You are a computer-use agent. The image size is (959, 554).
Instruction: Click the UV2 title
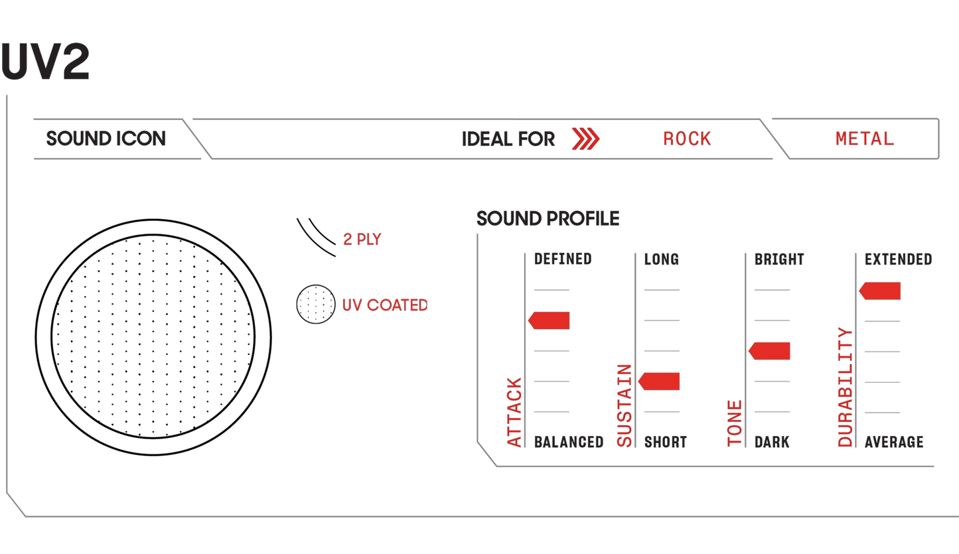pyautogui.click(x=45, y=61)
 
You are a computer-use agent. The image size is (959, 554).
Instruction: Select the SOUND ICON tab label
pyautogui.click(x=106, y=139)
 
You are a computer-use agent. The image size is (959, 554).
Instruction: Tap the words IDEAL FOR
pyautogui.click(x=508, y=139)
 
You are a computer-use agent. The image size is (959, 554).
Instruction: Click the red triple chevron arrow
pyautogui.click(x=585, y=139)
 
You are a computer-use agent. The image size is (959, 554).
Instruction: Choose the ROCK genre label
pyautogui.click(x=687, y=139)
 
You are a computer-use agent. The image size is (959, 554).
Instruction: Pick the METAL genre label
pyautogui.click(x=865, y=139)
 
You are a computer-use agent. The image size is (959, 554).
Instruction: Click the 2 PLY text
pyautogui.click(x=362, y=240)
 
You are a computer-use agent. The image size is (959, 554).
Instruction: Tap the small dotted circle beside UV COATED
pyautogui.click(x=315, y=305)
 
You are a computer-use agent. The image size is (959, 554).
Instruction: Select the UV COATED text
pyautogui.click(x=385, y=305)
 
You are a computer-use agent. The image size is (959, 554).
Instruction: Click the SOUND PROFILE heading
pyautogui.click(x=548, y=219)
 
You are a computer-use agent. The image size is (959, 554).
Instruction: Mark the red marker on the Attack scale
pyautogui.click(x=549, y=320)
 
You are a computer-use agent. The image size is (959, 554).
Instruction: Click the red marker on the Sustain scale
pyautogui.click(x=659, y=381)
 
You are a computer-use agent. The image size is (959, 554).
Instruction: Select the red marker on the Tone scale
pyautogui.click(x=769, y=350)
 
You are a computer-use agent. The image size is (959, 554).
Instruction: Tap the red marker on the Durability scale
pyautogui.click(x=880, y=291)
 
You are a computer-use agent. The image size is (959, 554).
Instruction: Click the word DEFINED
pyautogui.click(x=563, y=259)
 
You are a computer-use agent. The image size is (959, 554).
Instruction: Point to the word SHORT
pyautogui.click(x=666, y=442)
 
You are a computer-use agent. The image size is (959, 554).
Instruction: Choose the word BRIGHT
pyautogui.click(x=779, y=259)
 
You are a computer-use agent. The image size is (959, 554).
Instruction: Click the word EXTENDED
pyautogui.click(x=898, y=259)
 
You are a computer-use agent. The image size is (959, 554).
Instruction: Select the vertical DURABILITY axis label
pyautogui.click(x=845, y=387)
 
